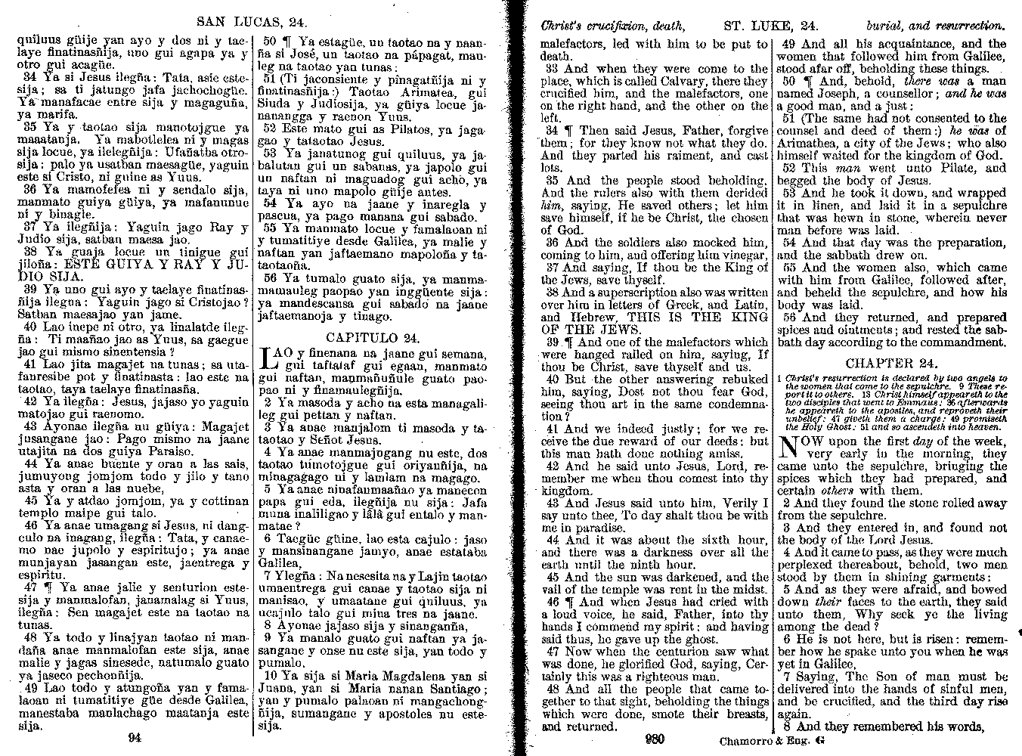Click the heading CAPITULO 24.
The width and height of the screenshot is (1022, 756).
pyautogui.click(x=373, y=337)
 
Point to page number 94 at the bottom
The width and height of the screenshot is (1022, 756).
pyautogui.click(x=135, y=739)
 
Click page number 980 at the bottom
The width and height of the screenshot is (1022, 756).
pyautogui.click(x=655, y=739)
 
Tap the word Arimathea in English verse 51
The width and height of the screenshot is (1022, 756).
pyautogui.click(x=810, y=144)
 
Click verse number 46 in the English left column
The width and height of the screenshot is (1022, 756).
pyautogui.click(x=553, y=602)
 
